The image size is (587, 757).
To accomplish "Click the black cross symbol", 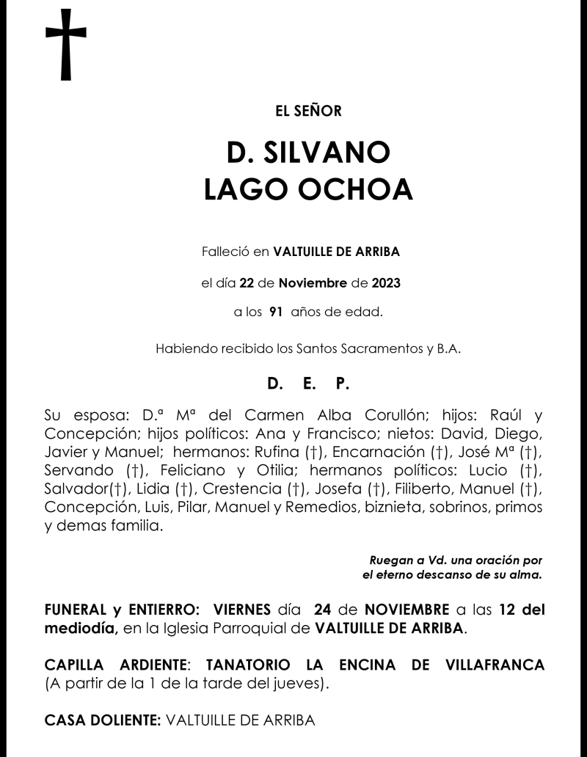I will pos(66,45).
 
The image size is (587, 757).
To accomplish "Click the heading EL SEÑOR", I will pos(308,111).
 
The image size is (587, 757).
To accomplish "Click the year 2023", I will pos(386,282).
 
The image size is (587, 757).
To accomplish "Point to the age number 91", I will pos(276,312).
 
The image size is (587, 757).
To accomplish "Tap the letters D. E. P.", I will pos(308,384).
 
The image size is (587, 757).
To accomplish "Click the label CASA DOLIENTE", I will pos(103,721).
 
